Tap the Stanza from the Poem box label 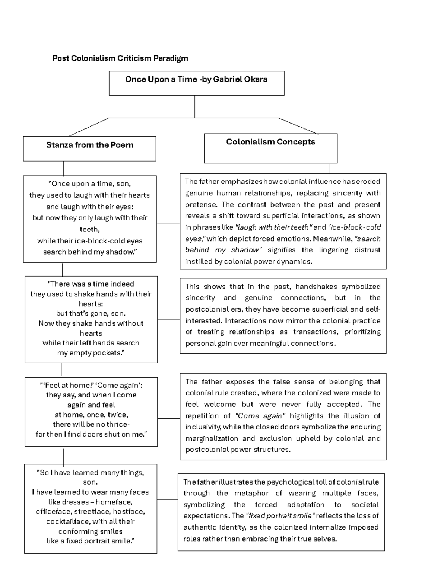(89, 145)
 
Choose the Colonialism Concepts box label (270, 142)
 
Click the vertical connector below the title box (195, 107)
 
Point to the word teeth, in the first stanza (90, 229)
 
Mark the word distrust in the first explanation (367, 250)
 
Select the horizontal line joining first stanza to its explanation (168, 223)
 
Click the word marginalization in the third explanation (212, 438)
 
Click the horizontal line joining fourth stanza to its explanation (168, 499)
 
